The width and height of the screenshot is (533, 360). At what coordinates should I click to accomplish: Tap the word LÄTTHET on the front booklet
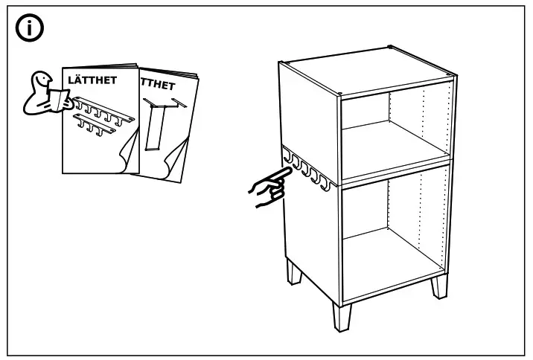pyautogui.click(x=92, y=80)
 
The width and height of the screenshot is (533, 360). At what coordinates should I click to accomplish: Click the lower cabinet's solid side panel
pyautogui.click(x=309, y=238)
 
